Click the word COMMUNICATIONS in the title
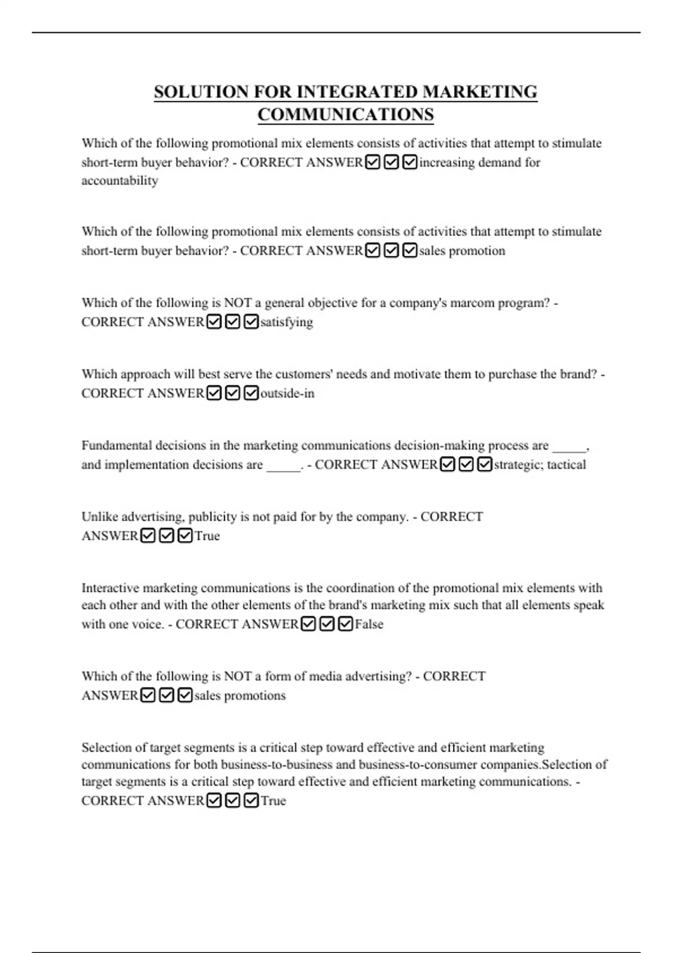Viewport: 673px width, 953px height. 345,114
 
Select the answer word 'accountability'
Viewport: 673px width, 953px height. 119,181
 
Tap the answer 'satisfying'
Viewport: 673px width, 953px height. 287,322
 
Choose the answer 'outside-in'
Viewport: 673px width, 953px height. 287,394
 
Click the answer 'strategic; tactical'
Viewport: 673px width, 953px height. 540,465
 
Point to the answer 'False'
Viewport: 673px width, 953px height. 369,624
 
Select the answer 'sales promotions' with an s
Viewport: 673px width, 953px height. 240,696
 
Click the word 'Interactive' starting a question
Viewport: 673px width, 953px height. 110,588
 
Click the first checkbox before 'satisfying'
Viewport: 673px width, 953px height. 214,322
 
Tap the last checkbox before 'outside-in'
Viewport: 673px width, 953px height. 251,394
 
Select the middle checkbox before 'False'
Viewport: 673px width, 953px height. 327,624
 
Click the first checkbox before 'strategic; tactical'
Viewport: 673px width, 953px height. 448,465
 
